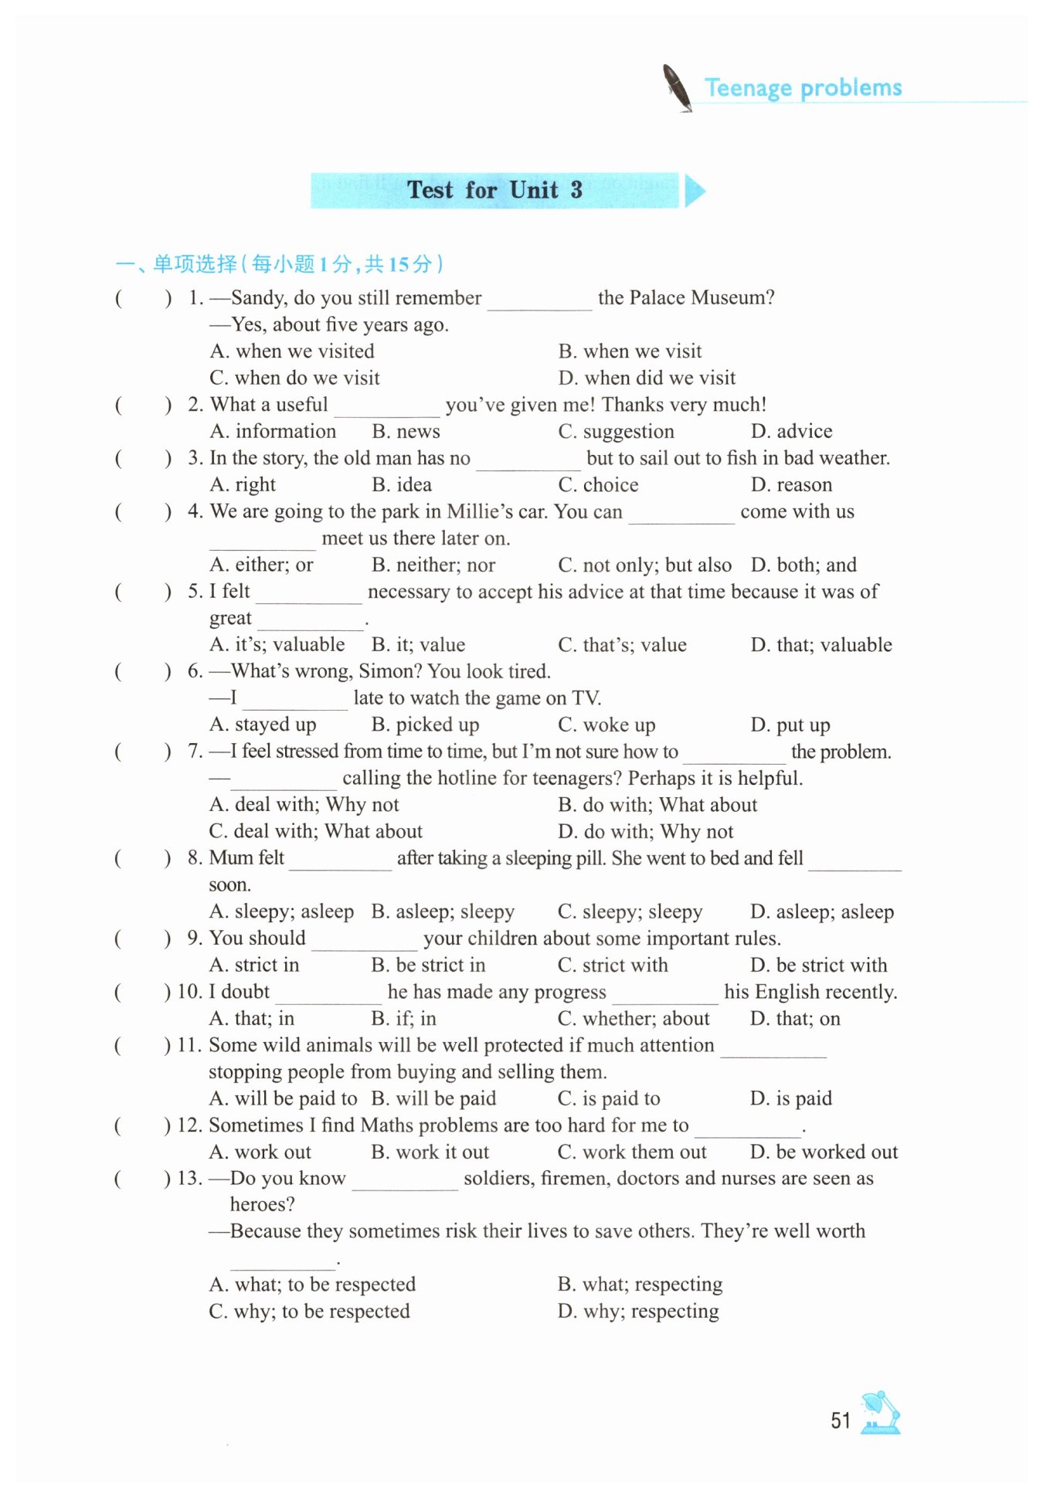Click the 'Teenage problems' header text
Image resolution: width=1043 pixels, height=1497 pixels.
click(803, 88)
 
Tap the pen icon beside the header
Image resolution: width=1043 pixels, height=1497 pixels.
click(677, 87)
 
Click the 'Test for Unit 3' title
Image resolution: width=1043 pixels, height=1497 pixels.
click(494, 190)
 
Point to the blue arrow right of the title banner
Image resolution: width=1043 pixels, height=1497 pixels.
click(694, 191)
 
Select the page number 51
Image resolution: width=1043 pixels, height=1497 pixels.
click(840, 1421)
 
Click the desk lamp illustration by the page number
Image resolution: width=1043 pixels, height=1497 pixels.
click(880, 1413)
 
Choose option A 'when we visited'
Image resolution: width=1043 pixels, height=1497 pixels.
click(292, 351)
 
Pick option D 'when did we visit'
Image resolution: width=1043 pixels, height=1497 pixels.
click(647, 378)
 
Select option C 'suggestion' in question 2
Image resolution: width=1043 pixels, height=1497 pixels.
click(616, 431)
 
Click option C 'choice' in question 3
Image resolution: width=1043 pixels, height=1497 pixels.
click(598, 484)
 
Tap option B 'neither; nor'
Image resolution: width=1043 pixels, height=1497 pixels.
click(433, 565)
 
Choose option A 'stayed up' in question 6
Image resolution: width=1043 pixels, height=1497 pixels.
click(263, 725)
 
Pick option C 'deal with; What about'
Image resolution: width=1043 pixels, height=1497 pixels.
click(316, 831)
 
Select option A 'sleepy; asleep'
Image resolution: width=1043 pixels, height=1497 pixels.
click(281, 911)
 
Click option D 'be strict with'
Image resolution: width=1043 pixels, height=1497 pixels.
click(818, 965)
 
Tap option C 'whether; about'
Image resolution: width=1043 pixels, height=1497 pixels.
click(633, 1018)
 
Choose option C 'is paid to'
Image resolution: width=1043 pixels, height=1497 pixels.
click(609, 1098)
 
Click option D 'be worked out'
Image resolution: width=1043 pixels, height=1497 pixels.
click(824, 1152)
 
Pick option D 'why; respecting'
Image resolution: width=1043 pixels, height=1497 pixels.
click(638, 1311)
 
